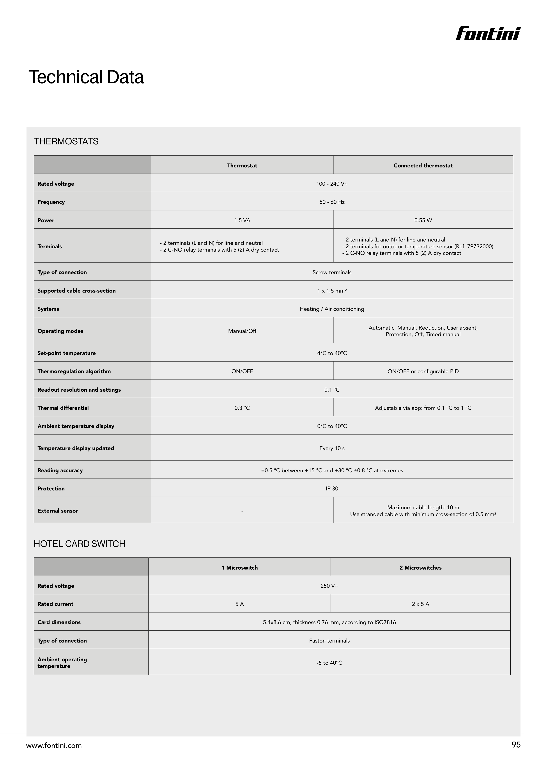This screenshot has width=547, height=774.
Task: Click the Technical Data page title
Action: click(86, 77)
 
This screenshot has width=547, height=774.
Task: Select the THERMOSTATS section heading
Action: click(66, 141)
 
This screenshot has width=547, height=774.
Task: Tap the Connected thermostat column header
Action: click(423, 165)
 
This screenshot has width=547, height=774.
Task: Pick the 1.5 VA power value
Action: click(242, 220)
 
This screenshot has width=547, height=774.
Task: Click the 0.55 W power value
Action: click(423, 220)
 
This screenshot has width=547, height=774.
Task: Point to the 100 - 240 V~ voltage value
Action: click(332, 184)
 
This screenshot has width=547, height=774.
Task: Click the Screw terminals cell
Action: click(332, 272)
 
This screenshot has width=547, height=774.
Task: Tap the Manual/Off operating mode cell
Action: click(242, 331)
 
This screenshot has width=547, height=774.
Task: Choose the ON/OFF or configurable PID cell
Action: click(423, 371)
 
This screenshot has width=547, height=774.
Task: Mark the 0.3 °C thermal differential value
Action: click(242, 408)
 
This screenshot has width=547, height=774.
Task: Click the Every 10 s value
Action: click(332, 448)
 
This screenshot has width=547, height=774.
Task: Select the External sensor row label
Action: click(58, 511)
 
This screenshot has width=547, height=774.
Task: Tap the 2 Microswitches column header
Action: click(420, 568)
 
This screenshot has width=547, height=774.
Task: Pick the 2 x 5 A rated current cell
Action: click(420, 604)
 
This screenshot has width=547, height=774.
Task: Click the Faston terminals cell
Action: click(329, 641)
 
